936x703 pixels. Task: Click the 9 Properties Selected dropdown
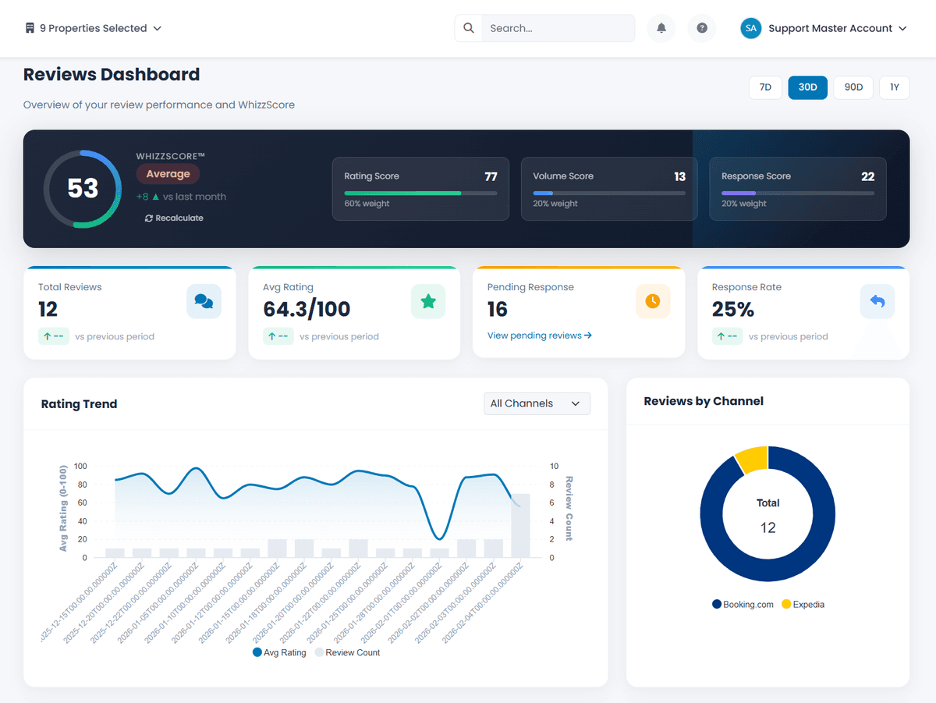click(93, 28)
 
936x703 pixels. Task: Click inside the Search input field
click(557, 28)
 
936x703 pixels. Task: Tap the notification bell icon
click(661, 28)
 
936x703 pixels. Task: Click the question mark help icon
click(702, 28)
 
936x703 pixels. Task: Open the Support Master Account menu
click(824, 28)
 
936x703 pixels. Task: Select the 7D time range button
click(765, 87)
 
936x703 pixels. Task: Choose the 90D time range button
click(853, 87)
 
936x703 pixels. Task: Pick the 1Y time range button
click(895, 87)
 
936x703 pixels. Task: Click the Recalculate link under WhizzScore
click(174, 218)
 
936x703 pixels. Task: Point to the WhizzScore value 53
click(83, 189)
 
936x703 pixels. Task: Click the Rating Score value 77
click(491, 176)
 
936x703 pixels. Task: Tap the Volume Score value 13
click(679, 176)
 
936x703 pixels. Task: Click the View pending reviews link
click(540, 336)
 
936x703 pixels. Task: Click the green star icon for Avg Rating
click(428, 301)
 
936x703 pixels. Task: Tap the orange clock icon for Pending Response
click(653, 301)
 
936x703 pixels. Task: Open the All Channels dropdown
click(537, 403)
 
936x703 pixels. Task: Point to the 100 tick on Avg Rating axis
click(81, 467)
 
